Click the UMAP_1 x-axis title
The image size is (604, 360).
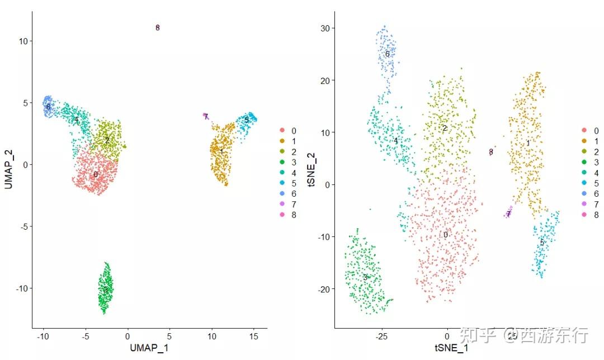149,348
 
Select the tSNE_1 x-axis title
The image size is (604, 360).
451,348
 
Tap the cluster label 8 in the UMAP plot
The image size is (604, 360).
158,27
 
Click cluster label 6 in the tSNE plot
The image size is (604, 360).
387,54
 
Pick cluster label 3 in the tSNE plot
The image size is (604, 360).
365,277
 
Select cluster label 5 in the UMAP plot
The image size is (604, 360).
246,120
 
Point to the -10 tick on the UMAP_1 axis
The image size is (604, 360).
43,337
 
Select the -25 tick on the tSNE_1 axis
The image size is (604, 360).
381,337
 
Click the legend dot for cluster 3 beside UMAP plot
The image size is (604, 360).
281,162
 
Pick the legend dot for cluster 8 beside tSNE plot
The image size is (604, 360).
584,215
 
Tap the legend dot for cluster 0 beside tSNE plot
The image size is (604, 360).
584,130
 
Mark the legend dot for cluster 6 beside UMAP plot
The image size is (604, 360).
281,193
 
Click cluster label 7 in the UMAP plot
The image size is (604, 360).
206,116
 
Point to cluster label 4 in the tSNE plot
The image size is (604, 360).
395,141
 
